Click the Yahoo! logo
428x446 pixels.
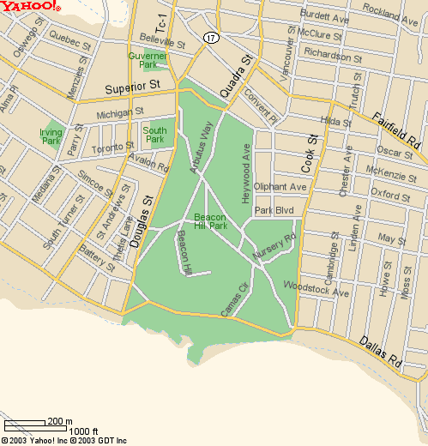[x=30, y=7]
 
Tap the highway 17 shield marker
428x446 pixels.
[x=210, y=38]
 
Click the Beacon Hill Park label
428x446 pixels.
[x=210, y=221]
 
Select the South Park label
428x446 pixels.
[x=154, y=134]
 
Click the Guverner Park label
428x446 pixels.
[x=147, y=59]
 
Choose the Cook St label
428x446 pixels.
[x=309, y=153]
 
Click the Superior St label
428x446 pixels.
[x=133, y=87]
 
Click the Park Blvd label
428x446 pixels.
[x=274, y=210]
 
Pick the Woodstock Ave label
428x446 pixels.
[x=316, y=287]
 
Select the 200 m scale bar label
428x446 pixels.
[x=59, y=421]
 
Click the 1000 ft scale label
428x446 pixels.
[x=83, y=431]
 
